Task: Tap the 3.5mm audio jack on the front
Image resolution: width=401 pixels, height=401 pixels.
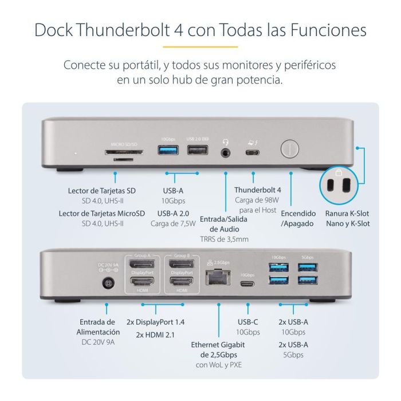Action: (x=228, y=153)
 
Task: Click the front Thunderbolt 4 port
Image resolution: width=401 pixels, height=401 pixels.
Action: (x=253, y=153)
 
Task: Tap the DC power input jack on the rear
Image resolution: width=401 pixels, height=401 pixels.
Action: (x=107, y=283)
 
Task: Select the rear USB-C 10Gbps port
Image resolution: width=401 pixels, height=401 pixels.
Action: (x=247, y=283)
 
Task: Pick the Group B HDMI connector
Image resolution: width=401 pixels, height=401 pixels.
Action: (x=182, y=282)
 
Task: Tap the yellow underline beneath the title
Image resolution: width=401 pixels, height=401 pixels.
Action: (x=200, y=46)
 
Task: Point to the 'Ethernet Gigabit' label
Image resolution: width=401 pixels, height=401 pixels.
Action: (x=218, y=344)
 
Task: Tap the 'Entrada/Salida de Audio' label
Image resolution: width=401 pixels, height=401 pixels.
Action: (x=224, y=218)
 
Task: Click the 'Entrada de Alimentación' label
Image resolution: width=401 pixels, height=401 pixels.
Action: (x=98, y=327)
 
